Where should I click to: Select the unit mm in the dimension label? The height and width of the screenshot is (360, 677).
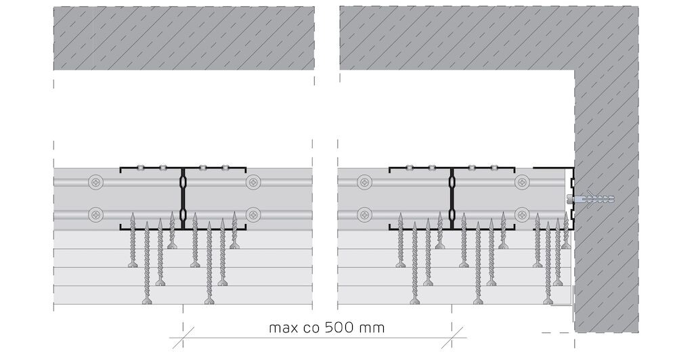[371, 329]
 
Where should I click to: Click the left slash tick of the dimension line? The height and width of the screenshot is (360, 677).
[183, 338]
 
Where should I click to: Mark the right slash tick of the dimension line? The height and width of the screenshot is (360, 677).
[452, 338]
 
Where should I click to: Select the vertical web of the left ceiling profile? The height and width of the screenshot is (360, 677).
[183, 198]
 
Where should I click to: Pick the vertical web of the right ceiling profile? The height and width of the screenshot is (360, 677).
[452, 198]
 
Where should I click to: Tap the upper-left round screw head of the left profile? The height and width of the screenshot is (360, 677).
[95, 182]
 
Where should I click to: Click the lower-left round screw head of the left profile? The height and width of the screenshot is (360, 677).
[95, 214]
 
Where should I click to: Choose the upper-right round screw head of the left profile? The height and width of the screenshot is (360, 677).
[253, 182]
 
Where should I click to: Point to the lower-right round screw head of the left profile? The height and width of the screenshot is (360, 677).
[253, 214]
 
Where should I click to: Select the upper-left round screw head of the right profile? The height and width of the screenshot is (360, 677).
[365, 182]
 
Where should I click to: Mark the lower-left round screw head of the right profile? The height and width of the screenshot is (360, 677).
[365, 214]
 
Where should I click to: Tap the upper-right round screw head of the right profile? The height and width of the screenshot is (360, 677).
[523, 182]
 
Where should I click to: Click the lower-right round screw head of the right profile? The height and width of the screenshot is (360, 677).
[523, 214]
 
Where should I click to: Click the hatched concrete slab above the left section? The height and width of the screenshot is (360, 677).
[183, 38]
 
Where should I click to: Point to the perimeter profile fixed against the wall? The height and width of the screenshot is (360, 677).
[571, 198]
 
